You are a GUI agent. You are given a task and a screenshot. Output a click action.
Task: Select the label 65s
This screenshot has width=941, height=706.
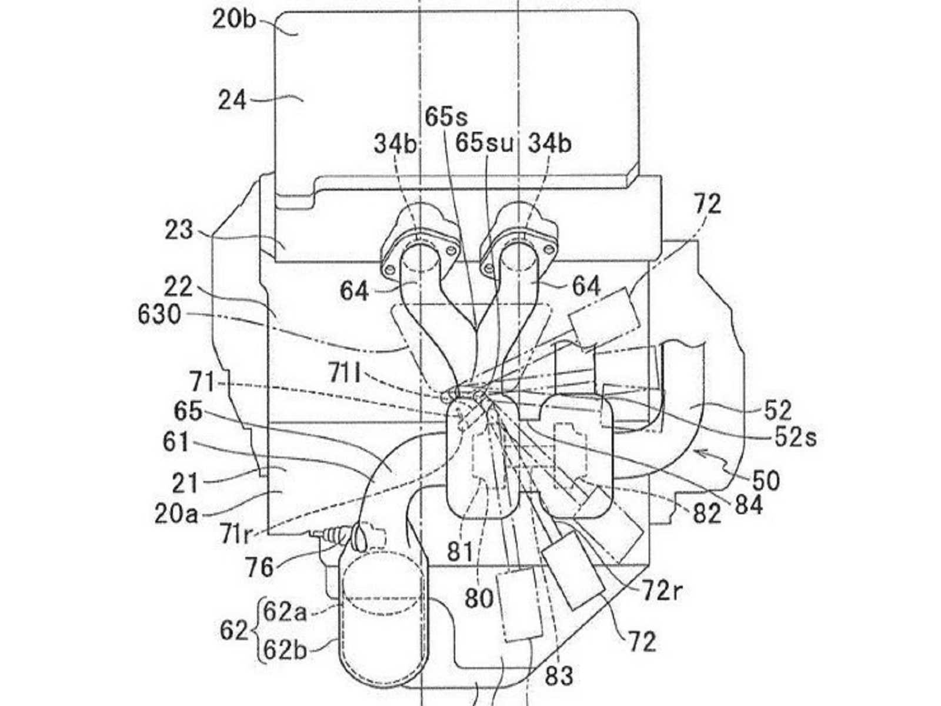pos(446,117)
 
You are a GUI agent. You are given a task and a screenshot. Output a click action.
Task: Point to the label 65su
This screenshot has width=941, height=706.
pos(484,143)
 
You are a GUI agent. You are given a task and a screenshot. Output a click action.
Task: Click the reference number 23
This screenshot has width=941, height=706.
pos(179,230)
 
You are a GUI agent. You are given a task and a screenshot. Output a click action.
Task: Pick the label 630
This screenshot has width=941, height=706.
pos(159,315)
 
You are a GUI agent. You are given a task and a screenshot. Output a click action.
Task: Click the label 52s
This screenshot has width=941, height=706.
pos(795,438)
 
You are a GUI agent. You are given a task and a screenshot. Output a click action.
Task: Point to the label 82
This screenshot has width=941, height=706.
pos(707,513)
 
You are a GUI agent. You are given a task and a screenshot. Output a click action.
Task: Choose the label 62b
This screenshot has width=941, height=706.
pos(285,650)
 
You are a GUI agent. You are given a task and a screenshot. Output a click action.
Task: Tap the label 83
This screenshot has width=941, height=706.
pos(559,677)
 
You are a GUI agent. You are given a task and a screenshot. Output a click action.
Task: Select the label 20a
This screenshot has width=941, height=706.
pos(176,514)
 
